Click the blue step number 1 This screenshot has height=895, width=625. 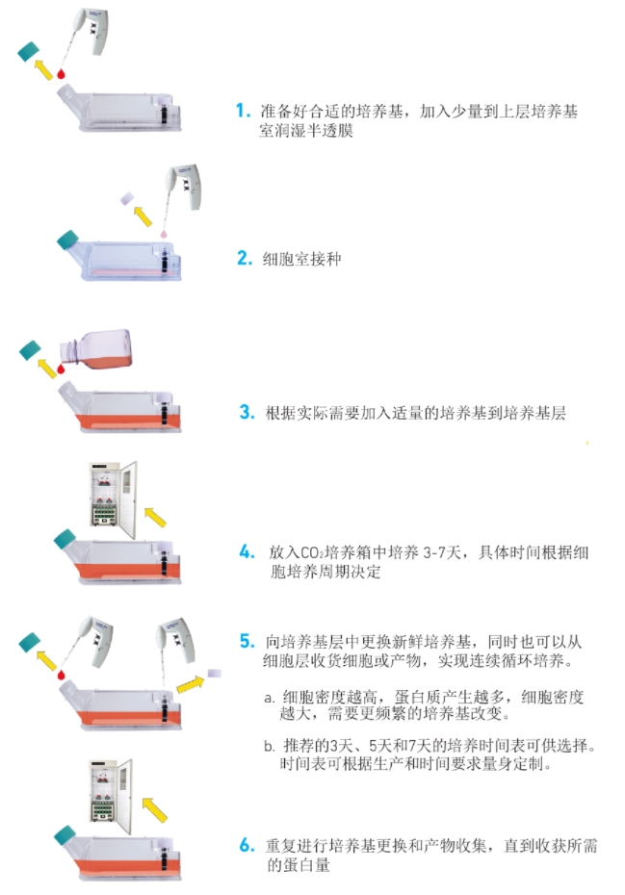point(243,110)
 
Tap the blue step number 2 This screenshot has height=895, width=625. point(245,258)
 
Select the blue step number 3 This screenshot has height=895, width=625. point(247,412)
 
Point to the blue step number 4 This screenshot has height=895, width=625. point(247,552)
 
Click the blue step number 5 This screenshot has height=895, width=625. point(247,641)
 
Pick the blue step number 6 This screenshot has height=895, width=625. point(247,845)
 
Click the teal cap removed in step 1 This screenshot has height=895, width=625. point(29,52)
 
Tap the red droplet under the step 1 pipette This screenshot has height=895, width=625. point(61,74)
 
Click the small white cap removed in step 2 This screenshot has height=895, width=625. point(127,198)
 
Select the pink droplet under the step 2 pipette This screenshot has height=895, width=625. point(164,234)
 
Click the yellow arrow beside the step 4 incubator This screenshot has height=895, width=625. point(155,517)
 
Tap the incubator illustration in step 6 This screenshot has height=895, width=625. point(111,792)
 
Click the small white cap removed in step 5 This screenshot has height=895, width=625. point(214,673)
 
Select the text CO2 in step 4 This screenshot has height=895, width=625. point(312,552)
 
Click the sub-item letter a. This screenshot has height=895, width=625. point(269,698)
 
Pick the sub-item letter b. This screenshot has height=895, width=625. point(270,746)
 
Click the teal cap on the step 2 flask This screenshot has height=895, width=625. point(67,241)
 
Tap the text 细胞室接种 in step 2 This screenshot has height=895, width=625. point(301,259)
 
